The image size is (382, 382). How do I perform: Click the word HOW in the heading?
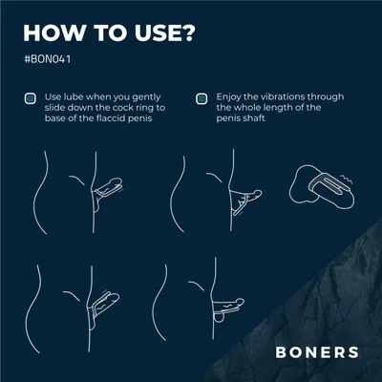(54, 32)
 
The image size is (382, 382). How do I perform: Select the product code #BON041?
(48, 59)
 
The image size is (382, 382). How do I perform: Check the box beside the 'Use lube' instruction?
(31, 98)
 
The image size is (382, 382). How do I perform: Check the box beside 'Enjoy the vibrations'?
(202, 98)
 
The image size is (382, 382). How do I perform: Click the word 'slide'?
(55, 108)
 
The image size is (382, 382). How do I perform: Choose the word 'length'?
(278, 108)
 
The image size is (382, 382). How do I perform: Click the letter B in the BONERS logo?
(281, 352)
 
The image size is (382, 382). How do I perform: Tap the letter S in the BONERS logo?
(353, 352)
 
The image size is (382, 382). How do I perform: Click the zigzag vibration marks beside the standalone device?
(347, 180)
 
